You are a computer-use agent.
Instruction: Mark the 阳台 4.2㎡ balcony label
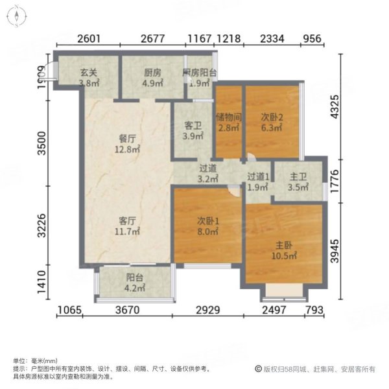point(135,283)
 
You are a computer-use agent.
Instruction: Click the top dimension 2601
point(88,39)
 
